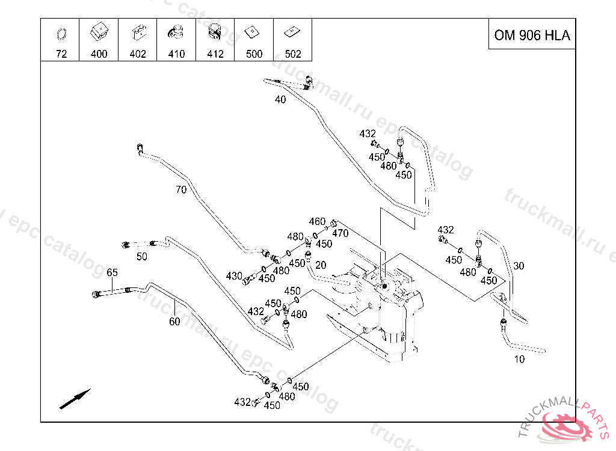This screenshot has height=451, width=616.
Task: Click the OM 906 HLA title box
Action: tap(532, 35)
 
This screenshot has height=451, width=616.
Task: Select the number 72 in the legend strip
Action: tap(61, 54)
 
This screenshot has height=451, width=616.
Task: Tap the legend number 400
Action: tap(99, 54)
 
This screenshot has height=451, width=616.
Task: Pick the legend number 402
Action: tap(138, 54)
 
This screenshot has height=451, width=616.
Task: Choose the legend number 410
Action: tap(176, 54)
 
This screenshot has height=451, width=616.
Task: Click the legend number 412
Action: tap(215, 54)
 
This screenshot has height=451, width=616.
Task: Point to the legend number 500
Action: tap(254, 54)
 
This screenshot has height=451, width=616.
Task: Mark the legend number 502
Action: tap(293, 54)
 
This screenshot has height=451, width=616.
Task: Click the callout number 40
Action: tap(280, 100)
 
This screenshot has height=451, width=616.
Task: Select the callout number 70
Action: tap(181, 190)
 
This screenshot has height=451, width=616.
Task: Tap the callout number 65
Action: tap(112, 272)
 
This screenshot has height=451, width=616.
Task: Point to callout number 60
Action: tap(174, 322)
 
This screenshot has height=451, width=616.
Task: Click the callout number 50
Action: tap(142, 257)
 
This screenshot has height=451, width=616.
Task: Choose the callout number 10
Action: tap(519, 360)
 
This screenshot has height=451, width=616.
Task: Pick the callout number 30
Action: tap(519, 266)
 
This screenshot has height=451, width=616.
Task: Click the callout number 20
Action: tap(321, 265)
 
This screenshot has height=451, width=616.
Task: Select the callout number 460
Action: tap(317, 222)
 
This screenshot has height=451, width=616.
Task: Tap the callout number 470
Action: tap(340, 233)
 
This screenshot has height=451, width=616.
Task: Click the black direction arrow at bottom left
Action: tap(75, 399)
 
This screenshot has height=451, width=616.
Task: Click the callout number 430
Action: tap(234, 276)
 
